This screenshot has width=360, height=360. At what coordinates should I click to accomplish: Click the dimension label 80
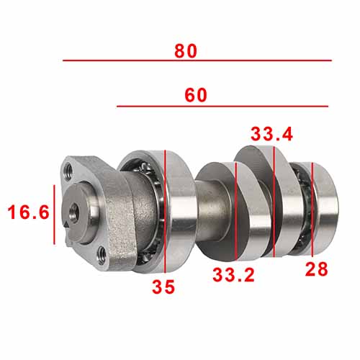[186, 51]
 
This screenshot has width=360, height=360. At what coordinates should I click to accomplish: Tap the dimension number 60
[196, 95]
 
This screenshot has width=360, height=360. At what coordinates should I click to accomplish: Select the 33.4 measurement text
[271, 134]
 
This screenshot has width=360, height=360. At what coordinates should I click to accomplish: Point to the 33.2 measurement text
[233, 275]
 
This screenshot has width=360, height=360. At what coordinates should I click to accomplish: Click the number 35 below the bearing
[163, 287]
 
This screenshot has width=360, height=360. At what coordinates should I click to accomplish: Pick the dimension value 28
[316, 269]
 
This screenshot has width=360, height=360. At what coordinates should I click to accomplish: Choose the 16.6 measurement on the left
[28, 212]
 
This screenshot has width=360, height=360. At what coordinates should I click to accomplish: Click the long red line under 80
[197, 60]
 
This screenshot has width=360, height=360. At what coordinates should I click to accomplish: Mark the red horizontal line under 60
[222, 106]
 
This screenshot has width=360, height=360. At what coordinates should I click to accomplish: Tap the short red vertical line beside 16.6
[54, 215]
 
